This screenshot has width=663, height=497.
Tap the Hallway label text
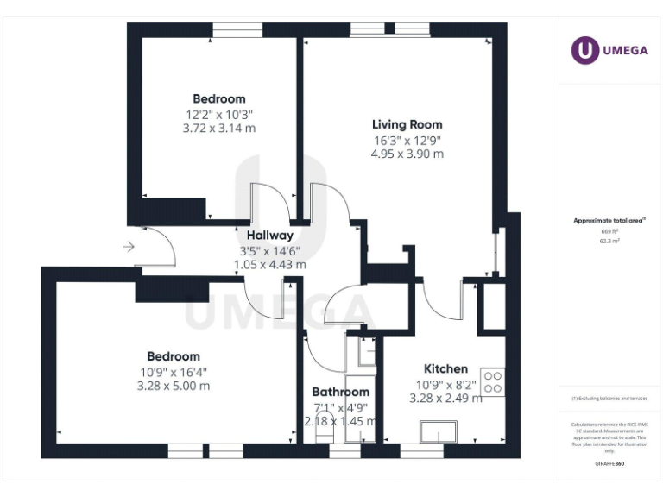269,236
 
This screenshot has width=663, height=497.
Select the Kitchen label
445,368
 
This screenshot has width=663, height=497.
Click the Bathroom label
340,392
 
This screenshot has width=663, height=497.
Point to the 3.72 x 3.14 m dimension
218,128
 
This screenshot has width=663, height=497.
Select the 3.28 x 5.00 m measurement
173,386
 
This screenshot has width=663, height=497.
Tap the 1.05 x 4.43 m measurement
269,265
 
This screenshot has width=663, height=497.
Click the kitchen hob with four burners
492,381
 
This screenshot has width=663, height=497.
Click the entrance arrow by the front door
129,248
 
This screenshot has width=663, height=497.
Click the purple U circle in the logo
584,49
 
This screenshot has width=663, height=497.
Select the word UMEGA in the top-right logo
625,50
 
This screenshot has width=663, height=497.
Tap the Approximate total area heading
609,221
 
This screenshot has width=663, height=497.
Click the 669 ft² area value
609,231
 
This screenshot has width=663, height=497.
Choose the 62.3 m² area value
609,242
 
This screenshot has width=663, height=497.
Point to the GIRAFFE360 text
609,464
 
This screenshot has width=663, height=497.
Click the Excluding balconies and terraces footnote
609,399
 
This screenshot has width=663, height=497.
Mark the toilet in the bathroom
325,437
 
